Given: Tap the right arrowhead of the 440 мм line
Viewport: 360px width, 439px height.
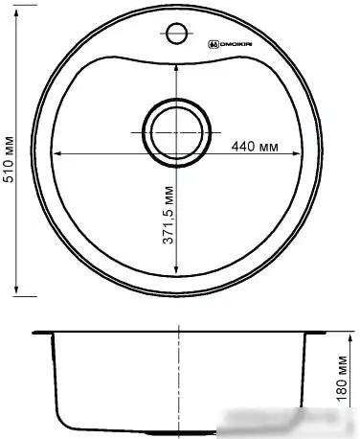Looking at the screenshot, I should click(x=300, y=153).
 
